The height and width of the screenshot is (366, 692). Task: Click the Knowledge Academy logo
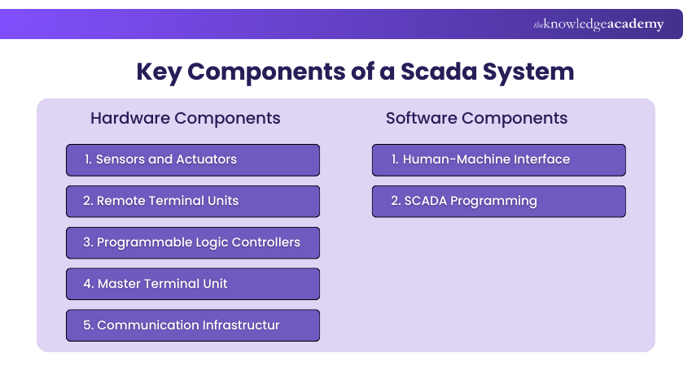tap(598, 24)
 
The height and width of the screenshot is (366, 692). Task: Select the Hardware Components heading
tap(185, 118)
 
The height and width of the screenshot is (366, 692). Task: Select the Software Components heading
tap(476, 118)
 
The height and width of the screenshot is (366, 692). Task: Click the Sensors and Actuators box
tap(193, 160)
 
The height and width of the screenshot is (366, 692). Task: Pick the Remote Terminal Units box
tap(193, 201)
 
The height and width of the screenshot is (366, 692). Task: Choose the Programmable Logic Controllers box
tap(193, 242)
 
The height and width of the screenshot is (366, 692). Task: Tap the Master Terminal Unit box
tap(193, 284)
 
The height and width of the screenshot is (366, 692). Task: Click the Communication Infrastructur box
tap(193, 325)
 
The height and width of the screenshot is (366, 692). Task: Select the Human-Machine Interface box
tap(498, 160)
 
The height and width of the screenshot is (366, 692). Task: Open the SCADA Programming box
tap(498, 201)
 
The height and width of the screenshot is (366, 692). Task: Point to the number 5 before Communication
tap(87, 325)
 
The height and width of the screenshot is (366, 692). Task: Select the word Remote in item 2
tap(120, 201)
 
